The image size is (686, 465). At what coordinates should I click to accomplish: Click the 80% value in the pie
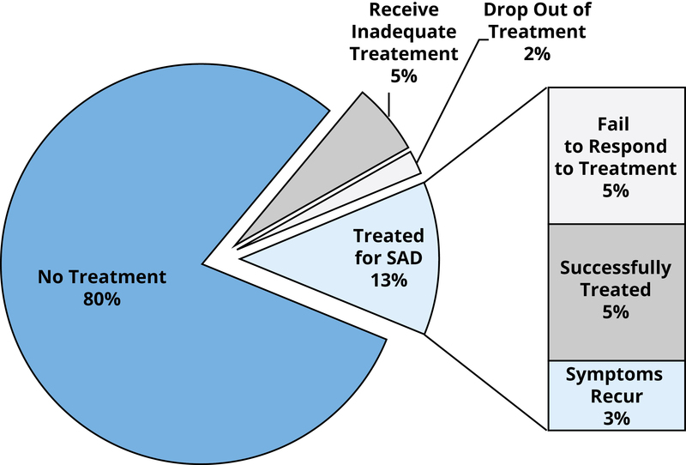[102, 299]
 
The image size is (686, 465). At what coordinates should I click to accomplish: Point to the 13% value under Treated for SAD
[389, 281]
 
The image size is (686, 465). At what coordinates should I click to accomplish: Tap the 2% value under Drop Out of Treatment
[537, 54]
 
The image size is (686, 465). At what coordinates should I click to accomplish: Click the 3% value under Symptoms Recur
[616, 419]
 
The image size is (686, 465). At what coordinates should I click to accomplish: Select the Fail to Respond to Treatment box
[617, 155]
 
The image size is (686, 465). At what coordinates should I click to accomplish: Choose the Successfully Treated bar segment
[617, 292]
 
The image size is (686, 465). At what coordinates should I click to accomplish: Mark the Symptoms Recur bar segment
[617, 396]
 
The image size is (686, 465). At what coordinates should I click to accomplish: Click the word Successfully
[616, 268]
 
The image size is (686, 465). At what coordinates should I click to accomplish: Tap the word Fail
[613, 124]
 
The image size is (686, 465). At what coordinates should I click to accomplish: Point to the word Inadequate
[404, 32]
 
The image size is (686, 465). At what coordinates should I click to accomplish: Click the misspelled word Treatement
[404, 54]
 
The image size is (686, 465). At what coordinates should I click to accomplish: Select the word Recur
[617, 396]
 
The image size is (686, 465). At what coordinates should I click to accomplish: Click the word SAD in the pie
[406, 258]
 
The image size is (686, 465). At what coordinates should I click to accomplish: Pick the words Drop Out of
[537, 9]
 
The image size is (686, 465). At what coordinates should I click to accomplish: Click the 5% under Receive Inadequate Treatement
[404, 76]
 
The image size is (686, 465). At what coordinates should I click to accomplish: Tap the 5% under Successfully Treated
[616, 312]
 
